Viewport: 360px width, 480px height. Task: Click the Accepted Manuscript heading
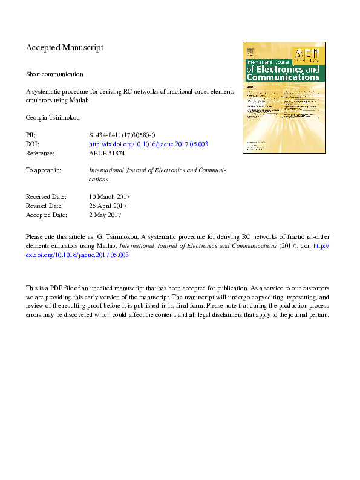pos(65,47)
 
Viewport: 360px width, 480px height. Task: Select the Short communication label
pos(54,74)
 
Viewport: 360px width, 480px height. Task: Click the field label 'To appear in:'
pos(44,170)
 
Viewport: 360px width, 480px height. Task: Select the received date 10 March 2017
pos(109,197)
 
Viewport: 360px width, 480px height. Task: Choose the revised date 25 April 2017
pos(108,206)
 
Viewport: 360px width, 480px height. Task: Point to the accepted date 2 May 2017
pos(105,215)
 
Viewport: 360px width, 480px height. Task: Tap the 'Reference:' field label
pos(42,154)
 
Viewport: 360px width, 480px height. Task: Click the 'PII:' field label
pos(31,135)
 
